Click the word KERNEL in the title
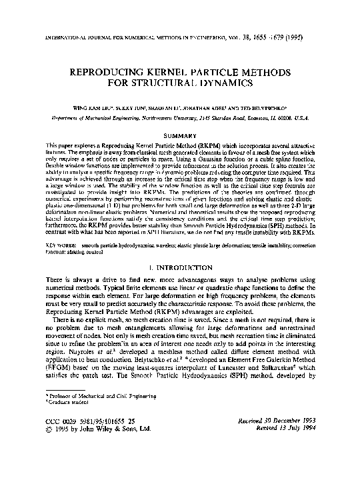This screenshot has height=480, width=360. (x=179, y=71)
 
